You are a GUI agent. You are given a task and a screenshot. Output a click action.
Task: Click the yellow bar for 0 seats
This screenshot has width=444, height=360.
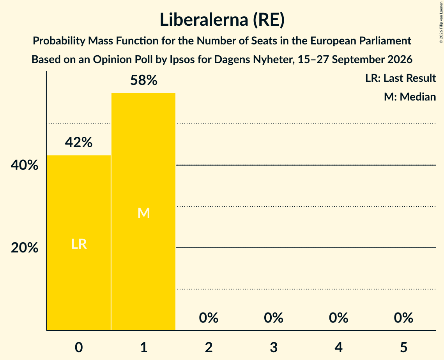tap(79, 243)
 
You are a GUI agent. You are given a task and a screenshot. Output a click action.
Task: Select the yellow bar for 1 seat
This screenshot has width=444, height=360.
tap(143, 212)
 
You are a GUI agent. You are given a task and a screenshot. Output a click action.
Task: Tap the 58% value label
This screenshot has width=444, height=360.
tap(143, 80)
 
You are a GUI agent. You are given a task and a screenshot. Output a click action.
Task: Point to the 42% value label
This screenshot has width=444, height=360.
tap(79, 142)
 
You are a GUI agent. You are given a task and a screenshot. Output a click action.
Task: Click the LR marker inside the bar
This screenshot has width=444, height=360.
tap(79, 244)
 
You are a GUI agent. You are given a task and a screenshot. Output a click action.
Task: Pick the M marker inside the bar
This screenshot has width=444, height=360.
tap(143, 213)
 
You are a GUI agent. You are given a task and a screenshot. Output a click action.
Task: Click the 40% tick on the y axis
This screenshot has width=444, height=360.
tap(25, 165)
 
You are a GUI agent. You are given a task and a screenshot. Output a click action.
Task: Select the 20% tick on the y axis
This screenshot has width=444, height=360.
tap(25, 248)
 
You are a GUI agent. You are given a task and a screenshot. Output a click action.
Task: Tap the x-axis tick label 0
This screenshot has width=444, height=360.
tap(79, 347)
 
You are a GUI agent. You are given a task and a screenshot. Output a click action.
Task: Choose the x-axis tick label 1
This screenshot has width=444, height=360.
tap(144, 347)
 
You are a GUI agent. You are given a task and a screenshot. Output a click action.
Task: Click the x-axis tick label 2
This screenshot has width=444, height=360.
tap(209, 347)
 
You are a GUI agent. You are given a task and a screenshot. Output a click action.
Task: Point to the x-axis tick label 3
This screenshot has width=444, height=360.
tap(274, 347)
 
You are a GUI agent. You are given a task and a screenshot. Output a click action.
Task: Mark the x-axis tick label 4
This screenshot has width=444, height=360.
tap(339, 347)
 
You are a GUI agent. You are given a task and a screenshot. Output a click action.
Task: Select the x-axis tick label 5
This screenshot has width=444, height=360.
tap(403, 347)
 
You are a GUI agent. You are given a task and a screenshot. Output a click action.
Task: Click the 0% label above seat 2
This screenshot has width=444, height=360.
tap(209, 318)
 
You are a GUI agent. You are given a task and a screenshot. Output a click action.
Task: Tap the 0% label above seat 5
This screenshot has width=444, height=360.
tap(403, 318)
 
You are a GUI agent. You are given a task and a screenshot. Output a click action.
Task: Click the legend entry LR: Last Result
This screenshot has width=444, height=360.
tap(401, 78)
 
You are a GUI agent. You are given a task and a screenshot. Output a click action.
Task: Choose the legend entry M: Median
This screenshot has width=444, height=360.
tap(410, 97)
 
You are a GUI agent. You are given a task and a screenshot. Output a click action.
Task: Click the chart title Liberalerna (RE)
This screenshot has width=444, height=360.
tap(222, 20)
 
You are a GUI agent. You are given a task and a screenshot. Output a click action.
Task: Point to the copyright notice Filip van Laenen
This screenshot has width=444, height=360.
tap(441, 22)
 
